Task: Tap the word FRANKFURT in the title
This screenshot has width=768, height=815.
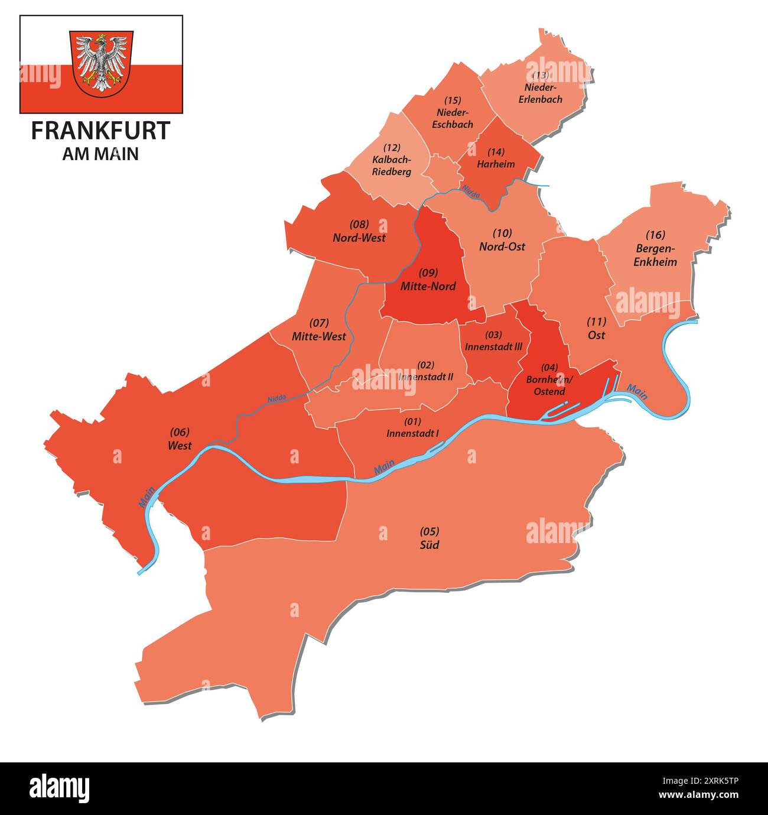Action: [x=100, y=131]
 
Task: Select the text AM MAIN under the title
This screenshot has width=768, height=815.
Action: [x=100, y=154]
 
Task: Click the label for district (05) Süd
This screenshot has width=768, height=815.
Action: [x=429, y=538]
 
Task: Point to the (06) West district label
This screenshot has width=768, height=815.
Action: [x=180, y=439]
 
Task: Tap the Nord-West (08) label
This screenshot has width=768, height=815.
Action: [x=359, y=231]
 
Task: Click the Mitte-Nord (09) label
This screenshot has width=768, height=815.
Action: [x=428, y=280]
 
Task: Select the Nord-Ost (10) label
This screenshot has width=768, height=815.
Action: [x=502, y=240]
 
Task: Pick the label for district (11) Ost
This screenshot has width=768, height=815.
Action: [x=596, y=328]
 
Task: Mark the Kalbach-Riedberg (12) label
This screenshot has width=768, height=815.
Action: [x=392, y=160]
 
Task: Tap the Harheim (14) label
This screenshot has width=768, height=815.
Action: [x=496, y=158]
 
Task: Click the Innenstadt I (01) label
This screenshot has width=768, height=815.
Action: [x=412, y=427]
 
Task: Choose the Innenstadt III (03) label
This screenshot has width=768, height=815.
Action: [x=493, y=341]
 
